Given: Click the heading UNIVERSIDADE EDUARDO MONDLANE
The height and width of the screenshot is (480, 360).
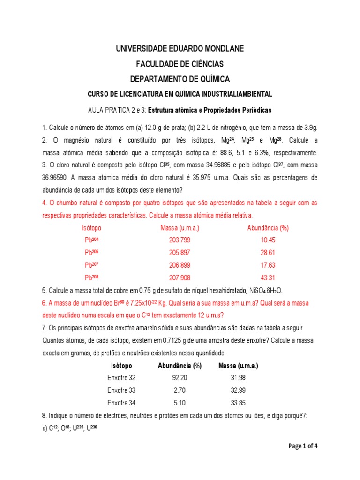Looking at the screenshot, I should click(180, 49).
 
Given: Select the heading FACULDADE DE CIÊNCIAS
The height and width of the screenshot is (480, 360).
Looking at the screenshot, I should click(180, 64).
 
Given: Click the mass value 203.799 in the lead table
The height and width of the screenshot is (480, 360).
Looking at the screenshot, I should click(180, 240).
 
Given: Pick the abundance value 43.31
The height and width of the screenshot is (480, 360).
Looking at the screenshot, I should click(268, 277).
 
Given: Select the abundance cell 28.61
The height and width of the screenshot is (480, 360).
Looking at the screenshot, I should click(268, 252).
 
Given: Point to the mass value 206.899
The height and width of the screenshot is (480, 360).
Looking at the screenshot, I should click(180, 265).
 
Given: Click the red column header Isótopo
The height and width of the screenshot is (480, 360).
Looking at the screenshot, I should click(91, 228).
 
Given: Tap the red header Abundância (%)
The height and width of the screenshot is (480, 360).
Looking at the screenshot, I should click(268, 228).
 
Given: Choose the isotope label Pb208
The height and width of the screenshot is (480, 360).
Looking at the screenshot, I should click(92, 277).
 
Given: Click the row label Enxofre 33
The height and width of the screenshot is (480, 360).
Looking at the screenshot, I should click(121, 390).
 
